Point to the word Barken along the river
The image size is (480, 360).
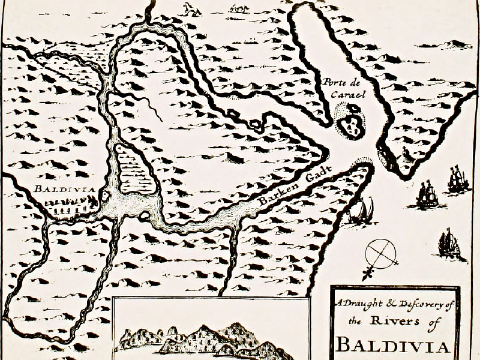coord(274,196)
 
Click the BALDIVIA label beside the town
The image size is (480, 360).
coord(64,190)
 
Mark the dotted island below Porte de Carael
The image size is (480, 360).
coord(349,119)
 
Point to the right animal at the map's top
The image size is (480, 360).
coord(239,8)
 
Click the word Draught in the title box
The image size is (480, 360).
coord(361,305)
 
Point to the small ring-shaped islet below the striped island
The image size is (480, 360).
coord(144,214)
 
